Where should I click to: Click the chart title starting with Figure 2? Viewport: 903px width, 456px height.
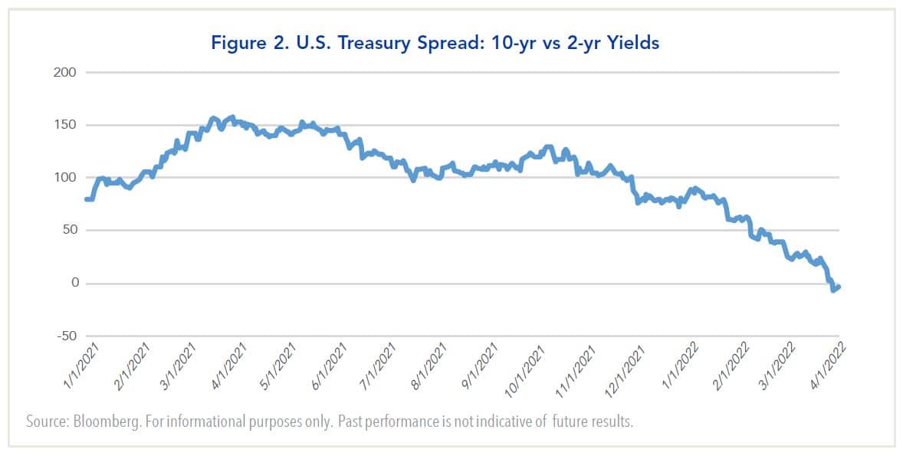451,43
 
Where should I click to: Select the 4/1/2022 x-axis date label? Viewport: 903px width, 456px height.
825,369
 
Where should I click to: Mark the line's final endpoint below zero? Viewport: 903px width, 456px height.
839,287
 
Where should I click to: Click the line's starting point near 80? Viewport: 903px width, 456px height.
86,199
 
